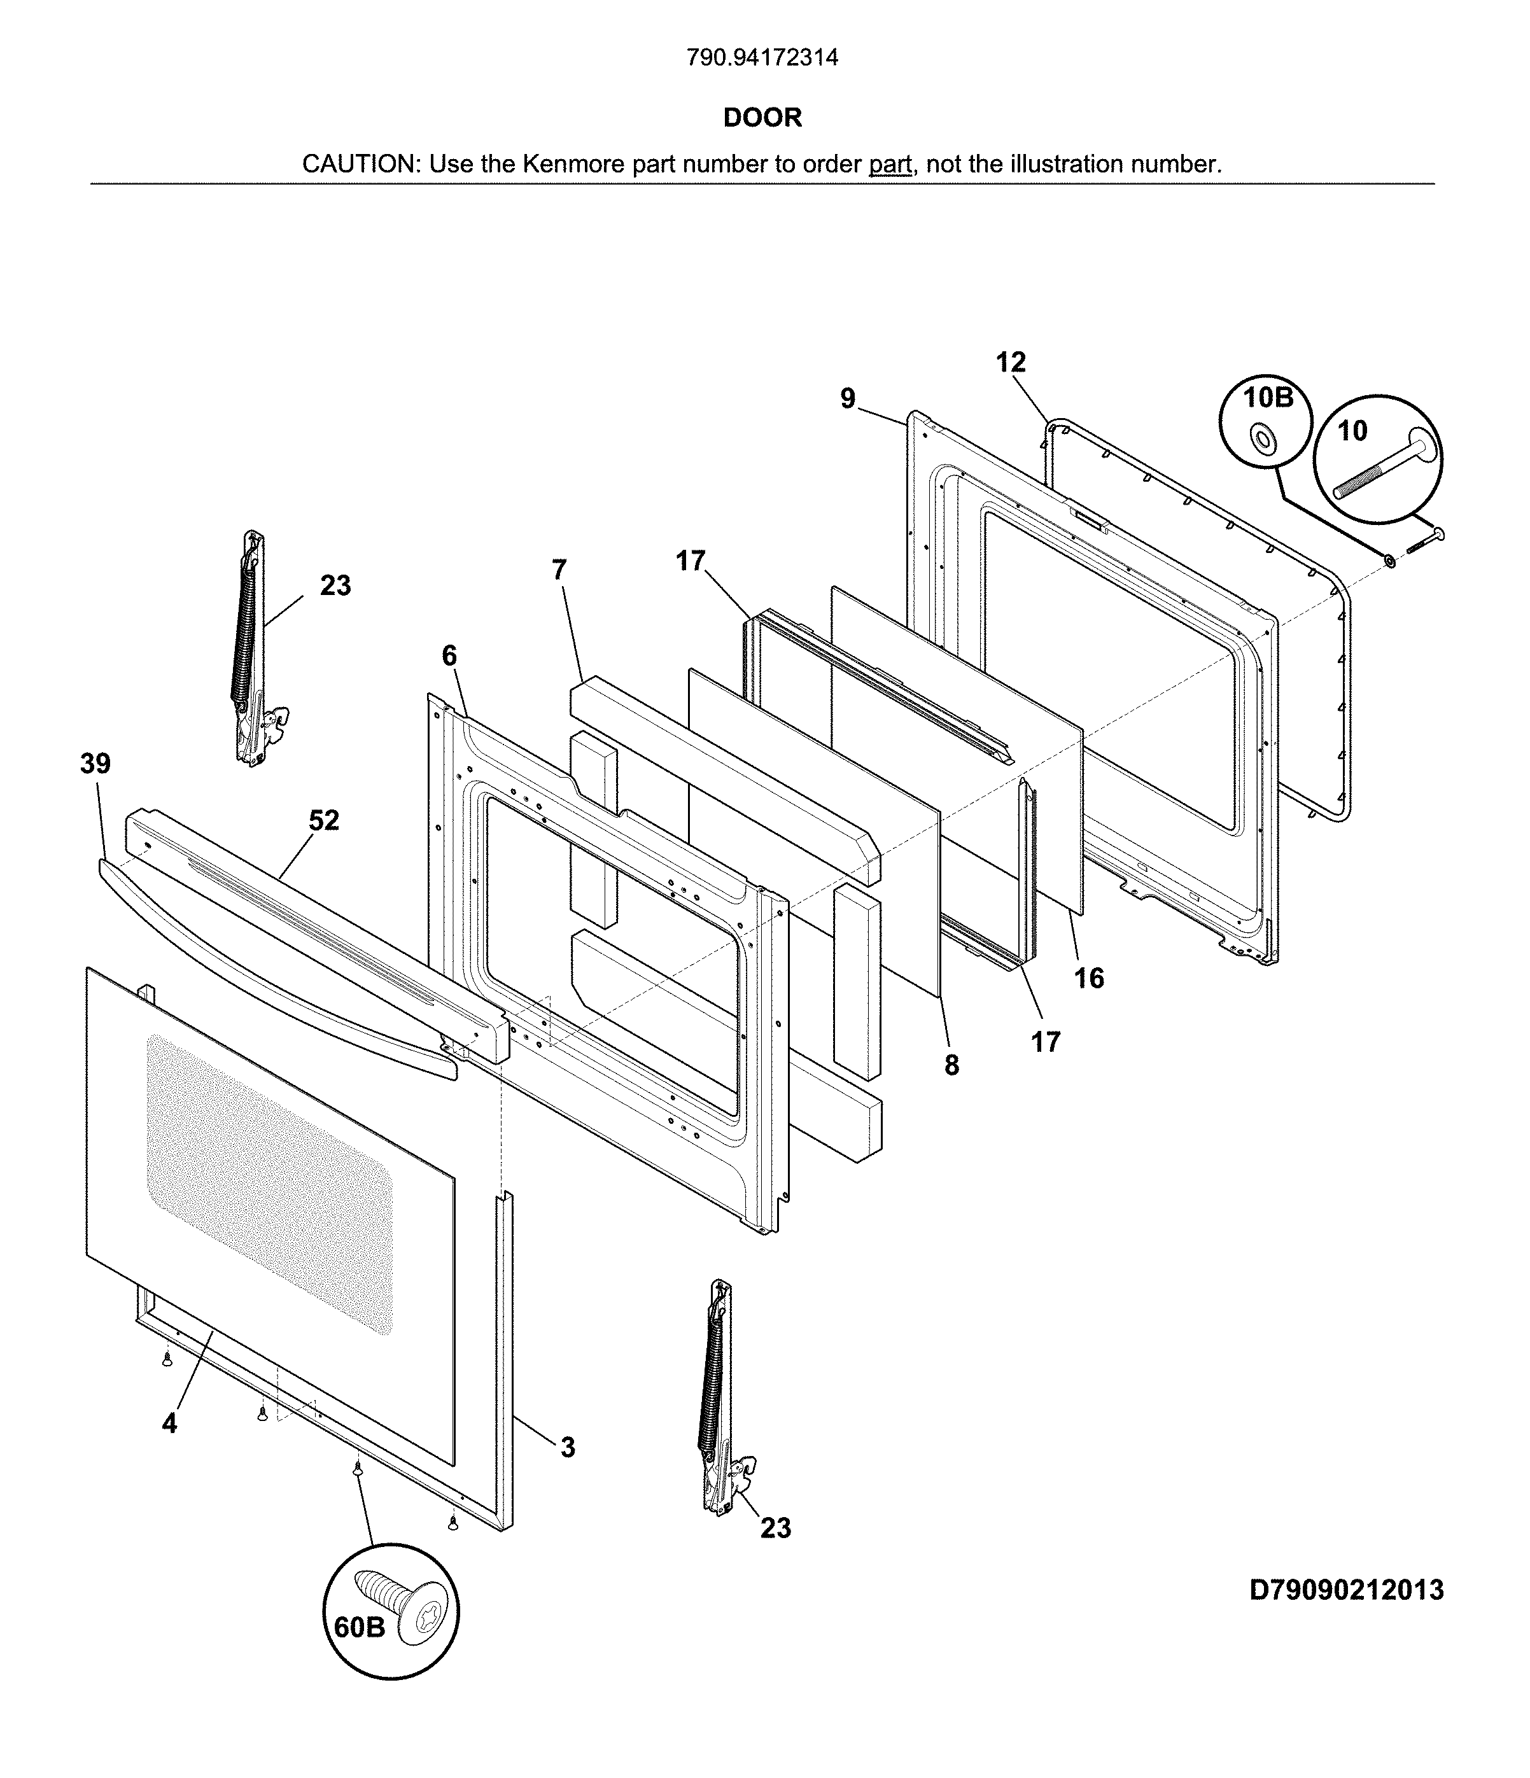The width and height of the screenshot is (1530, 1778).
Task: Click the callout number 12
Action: click(1011, 363)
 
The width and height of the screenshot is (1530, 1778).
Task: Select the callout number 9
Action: click(848, 399)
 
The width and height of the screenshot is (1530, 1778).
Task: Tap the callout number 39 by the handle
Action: click(95, 764)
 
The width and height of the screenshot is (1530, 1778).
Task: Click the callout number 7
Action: click(559, 570)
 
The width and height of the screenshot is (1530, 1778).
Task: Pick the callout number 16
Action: click(1089, 977)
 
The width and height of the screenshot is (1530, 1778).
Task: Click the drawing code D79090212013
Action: click(1346, 1590)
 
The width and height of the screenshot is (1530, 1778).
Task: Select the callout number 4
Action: click(169, 1424)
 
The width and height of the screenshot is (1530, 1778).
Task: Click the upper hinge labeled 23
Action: click(251, 652)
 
